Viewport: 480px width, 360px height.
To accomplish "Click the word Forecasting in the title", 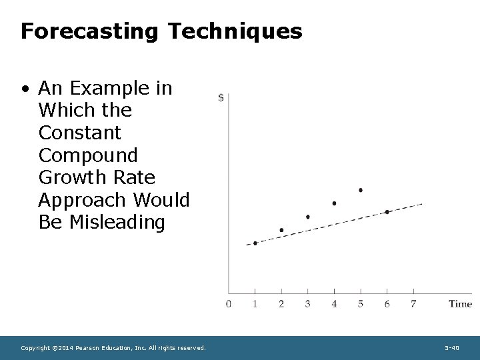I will [88, 31].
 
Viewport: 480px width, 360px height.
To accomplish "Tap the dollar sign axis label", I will [221, 98].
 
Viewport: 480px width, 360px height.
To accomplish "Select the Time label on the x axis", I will [460, 304].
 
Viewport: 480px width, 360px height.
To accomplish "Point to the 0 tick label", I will [229, 304].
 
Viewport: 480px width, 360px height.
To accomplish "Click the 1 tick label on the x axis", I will [255, 304].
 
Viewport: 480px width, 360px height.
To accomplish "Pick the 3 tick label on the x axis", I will [307, 304].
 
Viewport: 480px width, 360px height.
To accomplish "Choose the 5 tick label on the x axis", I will [361, 304].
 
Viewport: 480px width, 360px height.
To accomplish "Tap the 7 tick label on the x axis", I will [414, 304].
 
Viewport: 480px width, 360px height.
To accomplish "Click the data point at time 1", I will [255, 243].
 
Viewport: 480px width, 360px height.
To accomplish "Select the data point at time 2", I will [281, 230].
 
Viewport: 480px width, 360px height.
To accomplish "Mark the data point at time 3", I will [307, 217].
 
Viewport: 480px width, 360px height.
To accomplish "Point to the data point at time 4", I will [334, 203].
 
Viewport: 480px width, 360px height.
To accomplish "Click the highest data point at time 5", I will [361, 190].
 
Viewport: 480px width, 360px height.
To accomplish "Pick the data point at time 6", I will [387, 212].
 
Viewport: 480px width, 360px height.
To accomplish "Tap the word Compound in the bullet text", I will [88, 155].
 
